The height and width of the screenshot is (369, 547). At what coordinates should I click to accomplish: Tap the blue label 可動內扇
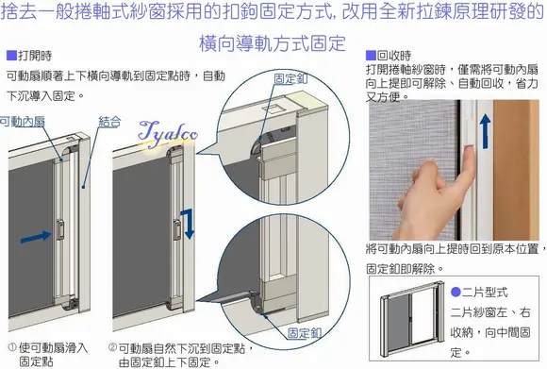(x=23, y=121)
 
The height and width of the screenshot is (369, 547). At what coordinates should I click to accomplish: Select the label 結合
(x=109, y=121)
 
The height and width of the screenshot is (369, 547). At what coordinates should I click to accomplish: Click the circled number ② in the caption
(x=111, y=347)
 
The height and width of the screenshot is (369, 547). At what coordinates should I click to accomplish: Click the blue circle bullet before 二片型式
(x=456, y=292)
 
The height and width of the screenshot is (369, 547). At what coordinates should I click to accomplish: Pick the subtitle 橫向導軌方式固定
(x=273, y=43)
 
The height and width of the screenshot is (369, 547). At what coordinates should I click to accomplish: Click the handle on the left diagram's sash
(x=59, y=228)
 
